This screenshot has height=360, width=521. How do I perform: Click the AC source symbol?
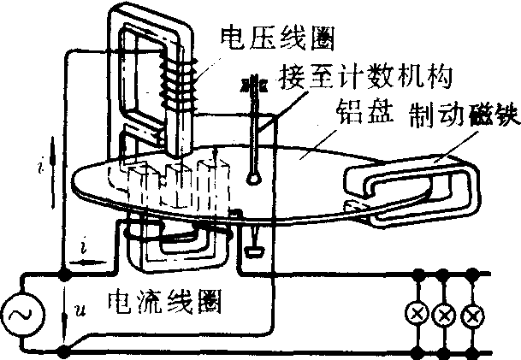(18, 316)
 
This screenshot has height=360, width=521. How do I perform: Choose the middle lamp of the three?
(443, 314)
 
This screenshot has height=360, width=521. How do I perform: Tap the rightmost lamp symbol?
(470, 314)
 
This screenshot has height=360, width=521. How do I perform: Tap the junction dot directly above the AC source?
(64, 275)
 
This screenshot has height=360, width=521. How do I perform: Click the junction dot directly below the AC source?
(64, 351)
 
